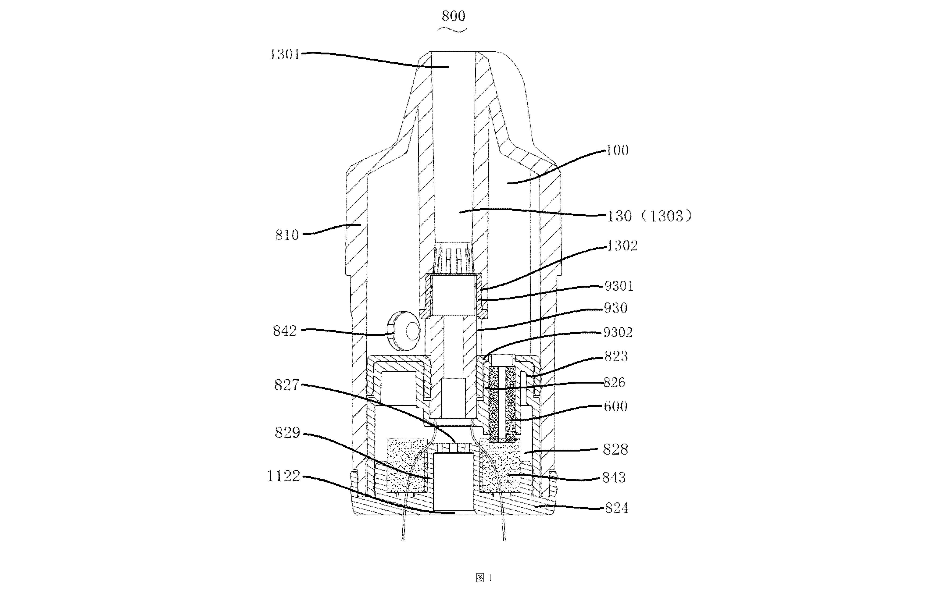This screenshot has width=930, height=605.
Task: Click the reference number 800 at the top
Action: (453, 16)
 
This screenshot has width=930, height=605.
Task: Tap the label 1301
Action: (285, 54)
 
